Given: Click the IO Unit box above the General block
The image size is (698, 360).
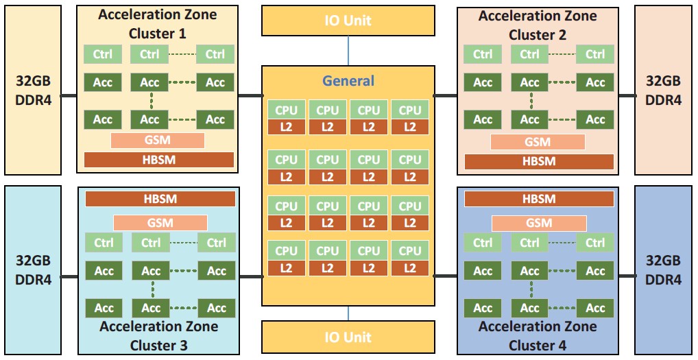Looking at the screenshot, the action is coord(348,21).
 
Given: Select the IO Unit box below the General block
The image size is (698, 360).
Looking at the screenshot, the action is coord(348,337).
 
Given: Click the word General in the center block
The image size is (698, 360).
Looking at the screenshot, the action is coord(348,81).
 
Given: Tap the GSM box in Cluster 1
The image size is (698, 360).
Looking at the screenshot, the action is coord(158,140).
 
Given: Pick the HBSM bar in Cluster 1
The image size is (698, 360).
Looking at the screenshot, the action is coord(159,160).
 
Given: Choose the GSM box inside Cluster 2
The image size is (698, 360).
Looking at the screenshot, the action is coord(538,142).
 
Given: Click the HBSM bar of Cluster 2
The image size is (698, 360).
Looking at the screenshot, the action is coord(539,162).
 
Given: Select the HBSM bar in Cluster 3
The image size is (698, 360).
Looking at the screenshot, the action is coord(160,199).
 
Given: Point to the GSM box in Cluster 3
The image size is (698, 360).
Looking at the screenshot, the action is coord(160,223).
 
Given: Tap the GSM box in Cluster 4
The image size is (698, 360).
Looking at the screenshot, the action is coord(539,223).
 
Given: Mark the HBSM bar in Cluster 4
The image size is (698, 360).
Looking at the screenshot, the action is coord(539,199).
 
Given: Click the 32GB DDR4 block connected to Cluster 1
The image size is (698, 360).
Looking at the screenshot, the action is coord(34,90).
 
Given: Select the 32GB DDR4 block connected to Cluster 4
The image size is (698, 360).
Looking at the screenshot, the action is coord(663,270).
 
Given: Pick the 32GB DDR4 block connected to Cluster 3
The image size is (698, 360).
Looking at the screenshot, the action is coord(34,270).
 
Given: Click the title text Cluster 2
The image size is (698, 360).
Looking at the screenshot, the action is coord(538,35).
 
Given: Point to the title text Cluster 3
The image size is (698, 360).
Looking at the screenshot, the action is coord(158,346).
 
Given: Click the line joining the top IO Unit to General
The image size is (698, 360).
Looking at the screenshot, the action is coord(348,51).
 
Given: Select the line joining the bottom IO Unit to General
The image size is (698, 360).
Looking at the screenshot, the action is coord(348,313).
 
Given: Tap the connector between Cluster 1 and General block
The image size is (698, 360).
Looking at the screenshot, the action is coord(250,95).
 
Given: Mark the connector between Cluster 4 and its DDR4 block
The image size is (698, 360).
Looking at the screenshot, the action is coord(626,276).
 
